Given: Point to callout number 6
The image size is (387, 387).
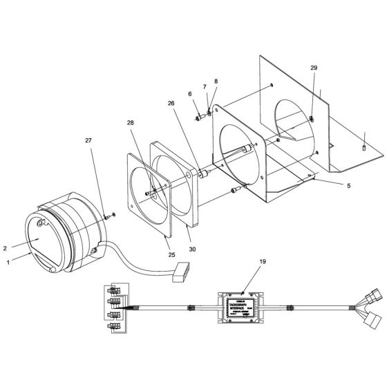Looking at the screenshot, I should click(189, 94).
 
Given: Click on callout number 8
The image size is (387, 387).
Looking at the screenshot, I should click(215, 82).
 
